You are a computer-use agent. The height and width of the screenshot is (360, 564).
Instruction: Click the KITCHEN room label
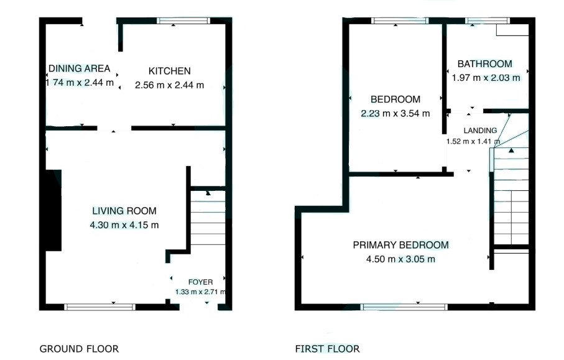169,71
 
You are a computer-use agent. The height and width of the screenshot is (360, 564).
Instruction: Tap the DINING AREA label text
79,68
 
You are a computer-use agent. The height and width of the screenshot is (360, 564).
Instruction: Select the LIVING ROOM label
124,211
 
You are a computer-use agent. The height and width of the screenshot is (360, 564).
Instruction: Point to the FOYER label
200,282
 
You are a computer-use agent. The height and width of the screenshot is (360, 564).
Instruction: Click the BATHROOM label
485,64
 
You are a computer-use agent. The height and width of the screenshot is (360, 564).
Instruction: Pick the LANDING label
480,130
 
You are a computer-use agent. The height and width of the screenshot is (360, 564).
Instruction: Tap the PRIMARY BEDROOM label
400,245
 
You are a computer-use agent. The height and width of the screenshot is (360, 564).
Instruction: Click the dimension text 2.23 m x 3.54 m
395,113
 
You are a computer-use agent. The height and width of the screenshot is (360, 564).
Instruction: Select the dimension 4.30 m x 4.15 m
124,225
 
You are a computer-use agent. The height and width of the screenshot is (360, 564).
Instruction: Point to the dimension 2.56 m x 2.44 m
169,85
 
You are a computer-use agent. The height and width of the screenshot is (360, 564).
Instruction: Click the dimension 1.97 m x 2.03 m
486,78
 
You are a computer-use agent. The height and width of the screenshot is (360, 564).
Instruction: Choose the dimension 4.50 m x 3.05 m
400,259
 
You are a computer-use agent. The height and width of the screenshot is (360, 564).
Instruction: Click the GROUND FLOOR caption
79,349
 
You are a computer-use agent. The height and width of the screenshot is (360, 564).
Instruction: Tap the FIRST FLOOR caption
327,349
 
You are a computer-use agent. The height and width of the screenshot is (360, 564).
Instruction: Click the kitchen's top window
183,21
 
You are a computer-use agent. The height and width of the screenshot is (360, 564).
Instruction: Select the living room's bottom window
99,307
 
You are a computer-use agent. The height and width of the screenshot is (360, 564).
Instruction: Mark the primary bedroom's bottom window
404,307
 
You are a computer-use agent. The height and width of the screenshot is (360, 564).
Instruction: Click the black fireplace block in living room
53,210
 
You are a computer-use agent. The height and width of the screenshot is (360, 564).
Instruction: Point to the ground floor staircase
208,218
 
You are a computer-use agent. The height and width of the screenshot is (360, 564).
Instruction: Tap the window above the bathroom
488,21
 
